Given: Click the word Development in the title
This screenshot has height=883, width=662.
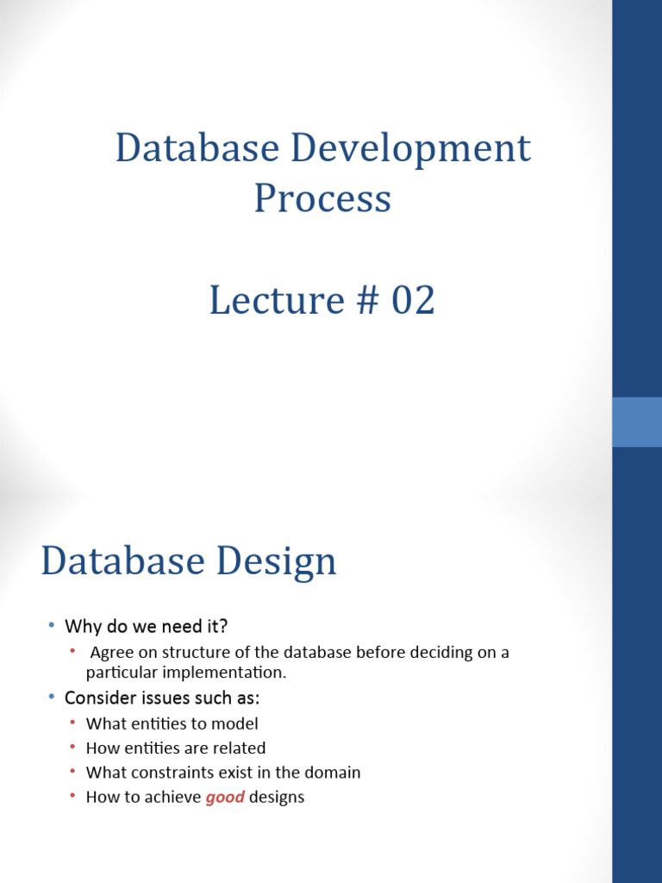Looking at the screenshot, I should pyautogui.click(x=409, y=149).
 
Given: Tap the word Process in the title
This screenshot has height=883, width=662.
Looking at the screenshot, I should pyautogui.click(x=322, y=199).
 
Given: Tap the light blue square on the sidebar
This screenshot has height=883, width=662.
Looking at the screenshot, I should pyautogui.click(x=637, y=422).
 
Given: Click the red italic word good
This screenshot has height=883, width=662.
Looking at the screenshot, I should pyautogui.click(x=225, y=797).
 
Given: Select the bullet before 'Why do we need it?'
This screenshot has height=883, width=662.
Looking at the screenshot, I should pyautogui.click(x=51, y=624).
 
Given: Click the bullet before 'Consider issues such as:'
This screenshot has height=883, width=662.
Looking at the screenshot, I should pyautogui.click(x=51, y=696).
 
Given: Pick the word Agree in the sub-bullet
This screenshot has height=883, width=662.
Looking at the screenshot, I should pyautogui.click(x=111, y=653).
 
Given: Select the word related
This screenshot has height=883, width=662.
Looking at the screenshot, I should pyautogui.click(x=241, y=748).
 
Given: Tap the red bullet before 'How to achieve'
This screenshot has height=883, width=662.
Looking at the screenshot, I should pyautogui.click(x=73, y=796).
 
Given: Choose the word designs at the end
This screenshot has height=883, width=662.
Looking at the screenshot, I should pyautogui.click(x=277, y=797).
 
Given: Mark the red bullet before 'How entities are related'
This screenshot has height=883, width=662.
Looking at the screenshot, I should pyautogui.click(x=73, y=748).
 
